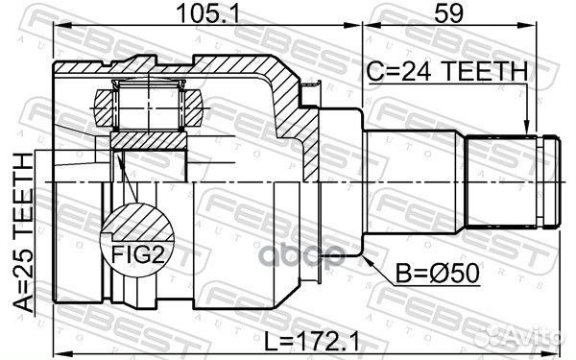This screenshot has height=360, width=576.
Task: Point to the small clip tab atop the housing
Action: pos(310,91)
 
